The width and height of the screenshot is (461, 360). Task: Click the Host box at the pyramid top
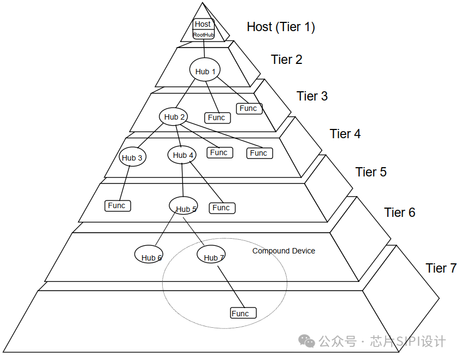click(x=203, y=24)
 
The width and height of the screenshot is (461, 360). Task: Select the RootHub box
click(x=203, y=34)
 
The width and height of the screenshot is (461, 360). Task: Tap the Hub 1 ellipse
click(x=205, y=71)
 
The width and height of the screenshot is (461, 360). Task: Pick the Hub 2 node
click(x=175, y=116)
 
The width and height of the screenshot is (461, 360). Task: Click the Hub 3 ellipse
click(x=132, y=158)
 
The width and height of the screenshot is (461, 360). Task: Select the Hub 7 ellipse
click(x=211, y=256)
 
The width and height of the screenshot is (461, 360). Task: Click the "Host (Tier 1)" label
click(x=281, y=27)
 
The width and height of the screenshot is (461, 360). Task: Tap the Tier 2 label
click(x=286, y=60)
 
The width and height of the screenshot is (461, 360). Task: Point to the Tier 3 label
click(x=312, y=96)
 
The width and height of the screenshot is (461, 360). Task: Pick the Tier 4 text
click(x=345, y=134)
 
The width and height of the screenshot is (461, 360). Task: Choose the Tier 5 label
click(x=371, y=172)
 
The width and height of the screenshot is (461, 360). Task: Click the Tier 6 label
click(x=399, y=213)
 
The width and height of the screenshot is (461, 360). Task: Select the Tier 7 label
click(x=441, y=268)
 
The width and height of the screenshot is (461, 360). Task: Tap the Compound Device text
click(x=283, y=251)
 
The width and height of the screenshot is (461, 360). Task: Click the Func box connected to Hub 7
click(x=243, y=313)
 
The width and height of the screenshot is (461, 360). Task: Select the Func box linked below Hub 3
click(x=117, y=205)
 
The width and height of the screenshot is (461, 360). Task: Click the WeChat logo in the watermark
click(x=306, y=341)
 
